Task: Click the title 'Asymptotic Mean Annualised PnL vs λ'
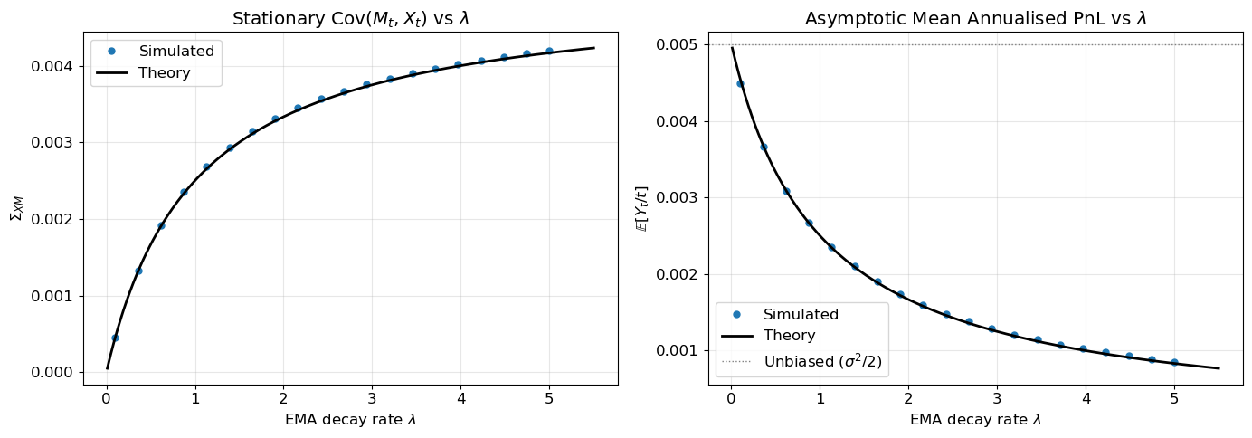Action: pyautogui.click(x=975, y=18)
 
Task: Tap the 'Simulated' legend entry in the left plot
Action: pyautogui.click(x=175, y=52)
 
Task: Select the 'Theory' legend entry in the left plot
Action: pyautogui.click(x=164, y=73)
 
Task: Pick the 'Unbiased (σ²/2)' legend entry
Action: pyautogui.click(x=822, y=362)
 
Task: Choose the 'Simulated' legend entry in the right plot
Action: pyautogui.click(x=801, y=315)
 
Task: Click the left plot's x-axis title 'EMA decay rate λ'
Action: pyautogui.click(x=350, y=420)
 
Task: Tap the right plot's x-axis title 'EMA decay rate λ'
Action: pyautogui.click(x=975, y=420)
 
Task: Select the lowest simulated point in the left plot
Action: pyautogui.click(x=115, y=338)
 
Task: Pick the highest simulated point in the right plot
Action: pyautogui.click(x=740, y=83)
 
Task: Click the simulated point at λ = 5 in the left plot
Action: pyautogui.click(x=549, y=51)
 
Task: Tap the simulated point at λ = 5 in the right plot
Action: pyautogui.click(x=1174, y=362)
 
